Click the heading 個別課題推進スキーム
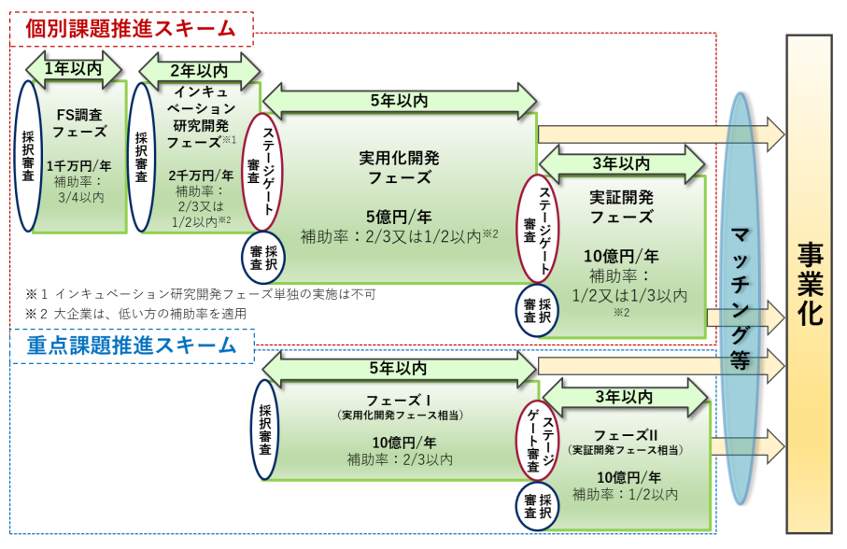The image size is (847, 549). click(131, 28)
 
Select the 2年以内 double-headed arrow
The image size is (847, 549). click(199, 69)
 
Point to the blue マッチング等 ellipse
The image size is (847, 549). click(741, 299)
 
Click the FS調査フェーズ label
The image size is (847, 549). click(82, 123)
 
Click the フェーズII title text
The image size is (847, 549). click(625, 435)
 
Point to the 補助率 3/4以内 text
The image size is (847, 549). click(82, 190)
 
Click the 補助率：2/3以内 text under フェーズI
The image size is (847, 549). click(400, 459)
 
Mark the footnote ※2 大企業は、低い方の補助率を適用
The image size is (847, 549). click(136, 314)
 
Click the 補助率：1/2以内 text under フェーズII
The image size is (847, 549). click(625, 493)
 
